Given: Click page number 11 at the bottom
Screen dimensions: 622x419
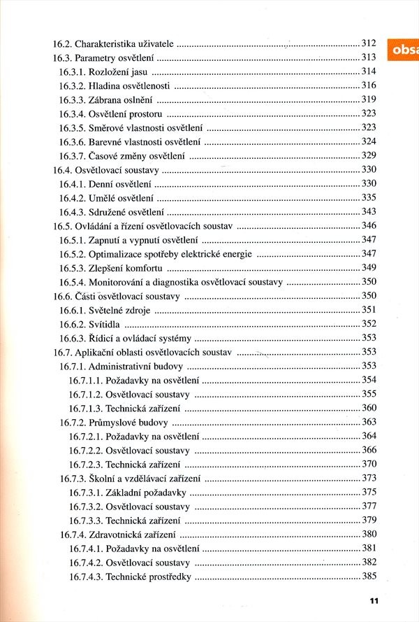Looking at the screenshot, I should pyautogui.click(x=374, y=600).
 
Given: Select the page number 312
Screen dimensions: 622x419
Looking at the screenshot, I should pyautogui.click(x=369, y=43).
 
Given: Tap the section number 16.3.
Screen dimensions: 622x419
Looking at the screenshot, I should pyautogui.click(x=62, y=57).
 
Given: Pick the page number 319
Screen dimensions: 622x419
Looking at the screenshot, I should pyautogui.click(x=369, y=99).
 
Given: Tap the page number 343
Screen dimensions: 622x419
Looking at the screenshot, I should pyautogui.click(x=369, y=211).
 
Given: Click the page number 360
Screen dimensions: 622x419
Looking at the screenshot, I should pyautogui.click(x=369, y=408).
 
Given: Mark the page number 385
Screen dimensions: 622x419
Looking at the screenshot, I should pyautogui.click(x=369, y=577).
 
